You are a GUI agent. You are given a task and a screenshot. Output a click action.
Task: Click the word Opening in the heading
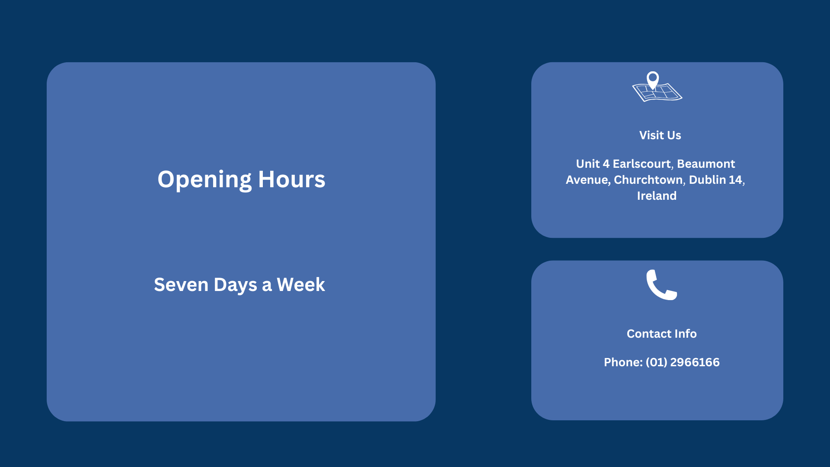(204, 180)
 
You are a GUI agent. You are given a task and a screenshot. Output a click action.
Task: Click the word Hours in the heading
(291, 179)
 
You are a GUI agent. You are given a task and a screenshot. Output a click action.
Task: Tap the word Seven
(181, 285)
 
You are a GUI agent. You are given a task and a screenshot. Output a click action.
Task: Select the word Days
(235, 285)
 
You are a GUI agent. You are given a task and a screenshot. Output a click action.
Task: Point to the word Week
(301, 285)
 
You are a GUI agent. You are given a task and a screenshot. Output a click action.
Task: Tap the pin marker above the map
(653, 80)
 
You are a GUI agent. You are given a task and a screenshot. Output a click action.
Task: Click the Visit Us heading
(660, 135)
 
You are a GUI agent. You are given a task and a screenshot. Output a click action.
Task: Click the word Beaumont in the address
(706, 164)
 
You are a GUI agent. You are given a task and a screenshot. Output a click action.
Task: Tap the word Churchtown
(649, 180)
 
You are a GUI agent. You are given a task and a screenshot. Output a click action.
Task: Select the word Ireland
(657, 196)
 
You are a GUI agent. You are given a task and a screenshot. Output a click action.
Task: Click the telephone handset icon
(661, 285)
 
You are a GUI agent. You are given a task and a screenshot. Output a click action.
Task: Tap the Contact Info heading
(661, 334)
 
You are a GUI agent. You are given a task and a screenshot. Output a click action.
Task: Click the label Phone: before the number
(623, 362)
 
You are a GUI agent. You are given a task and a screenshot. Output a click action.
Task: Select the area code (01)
(657, 362)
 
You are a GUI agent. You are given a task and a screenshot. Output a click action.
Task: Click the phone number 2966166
(695, 362)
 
